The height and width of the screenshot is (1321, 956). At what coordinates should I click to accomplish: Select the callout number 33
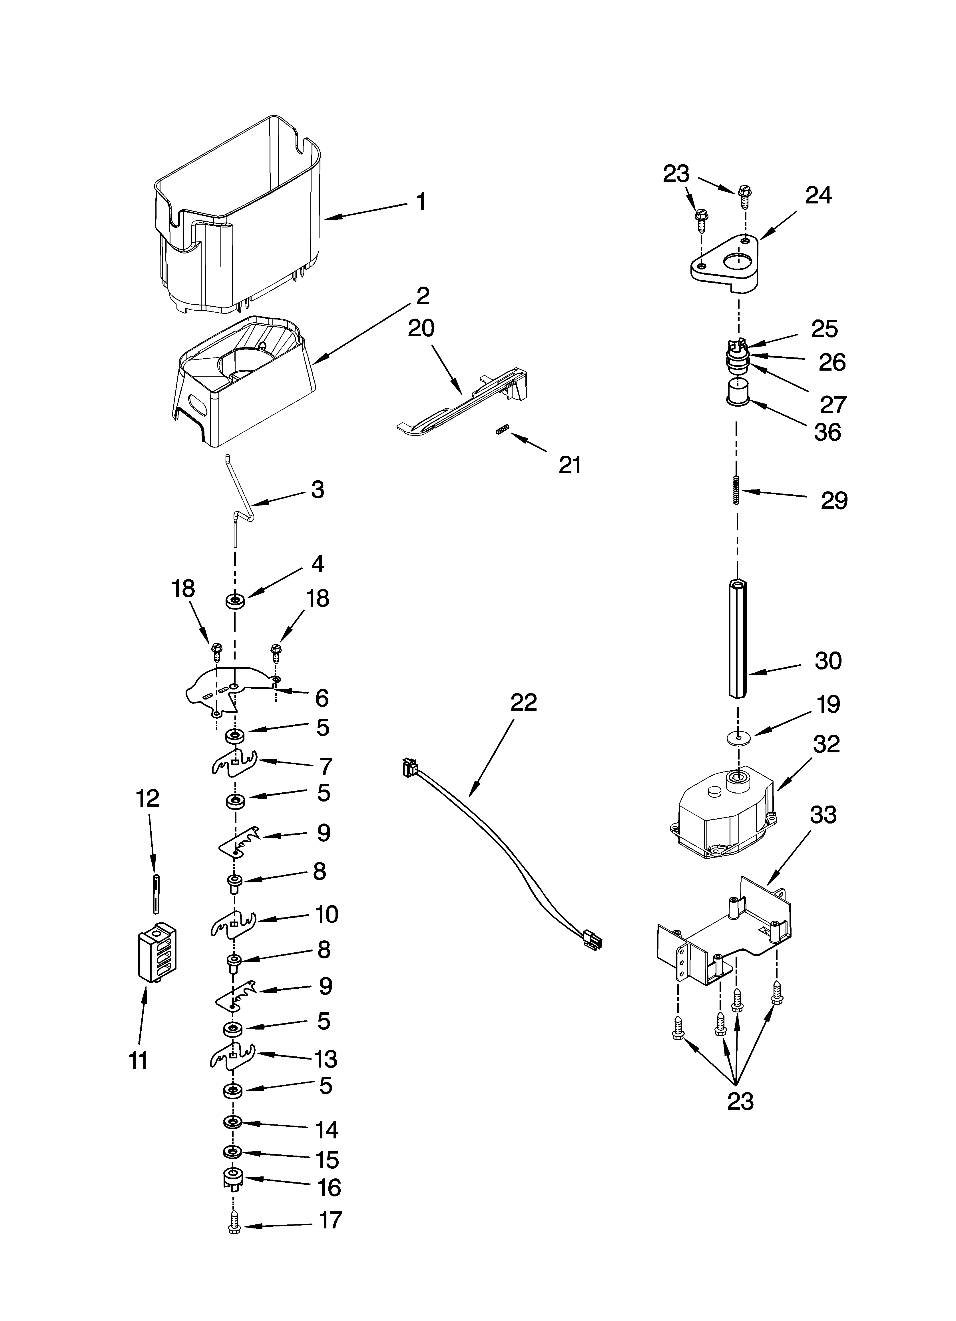point(823,814)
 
